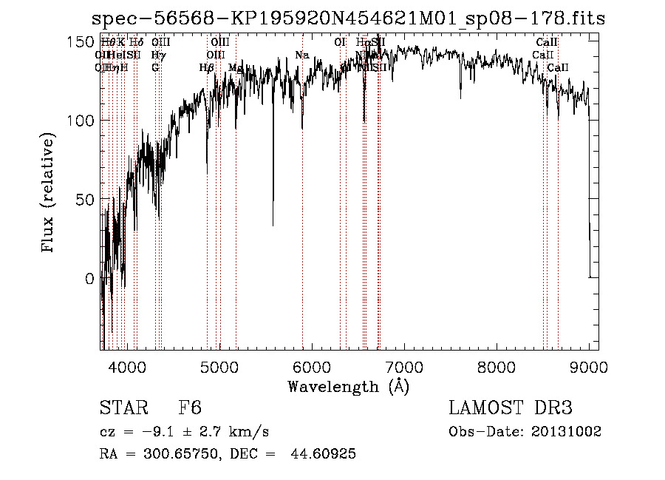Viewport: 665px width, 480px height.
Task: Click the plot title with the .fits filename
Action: [x=348, y=19]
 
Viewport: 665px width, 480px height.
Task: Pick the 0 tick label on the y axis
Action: [x=89, y=279]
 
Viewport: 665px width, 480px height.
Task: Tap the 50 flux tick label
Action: [x=83, y=200]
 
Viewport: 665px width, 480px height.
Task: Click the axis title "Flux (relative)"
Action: [x=50, y=194]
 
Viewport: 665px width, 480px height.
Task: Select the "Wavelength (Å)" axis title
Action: [x=348, y=386]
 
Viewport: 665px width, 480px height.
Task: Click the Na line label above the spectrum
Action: [x=301, y=55]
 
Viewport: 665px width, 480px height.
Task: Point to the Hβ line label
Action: [x=207, y=68]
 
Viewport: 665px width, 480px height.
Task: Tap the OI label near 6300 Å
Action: [x=340, y=43]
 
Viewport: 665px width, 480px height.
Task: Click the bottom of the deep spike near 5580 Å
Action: [x=273, y=224]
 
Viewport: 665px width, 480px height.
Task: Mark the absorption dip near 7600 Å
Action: [x=461, y=95]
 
